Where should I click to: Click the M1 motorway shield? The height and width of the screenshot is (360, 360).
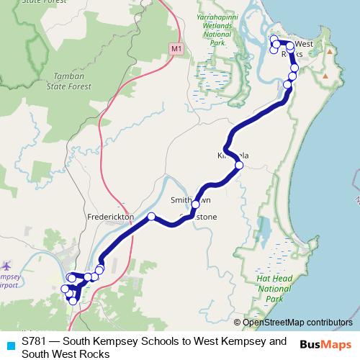pos(176,48)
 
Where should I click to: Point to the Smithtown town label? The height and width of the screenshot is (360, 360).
pos(190,200)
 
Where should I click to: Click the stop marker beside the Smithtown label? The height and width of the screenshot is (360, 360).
pos(195,204)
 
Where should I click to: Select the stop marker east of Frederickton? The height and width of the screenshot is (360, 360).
pos(151,217)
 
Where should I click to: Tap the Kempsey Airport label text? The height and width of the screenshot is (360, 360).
pos(10,282)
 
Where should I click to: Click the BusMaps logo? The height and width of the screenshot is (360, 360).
pos(325,344)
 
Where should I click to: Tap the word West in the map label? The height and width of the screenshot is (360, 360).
pos(304,44)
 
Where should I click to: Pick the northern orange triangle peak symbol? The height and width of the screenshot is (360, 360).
pos(329,52)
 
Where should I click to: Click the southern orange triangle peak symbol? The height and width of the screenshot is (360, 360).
pos(325,75)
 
